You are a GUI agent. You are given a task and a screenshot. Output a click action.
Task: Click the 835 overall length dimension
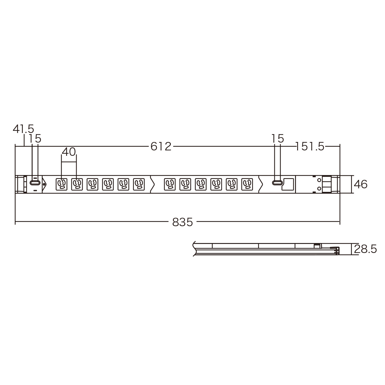(x=182, y=222)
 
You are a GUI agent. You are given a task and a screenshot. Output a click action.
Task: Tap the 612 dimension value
(x=161, y=146)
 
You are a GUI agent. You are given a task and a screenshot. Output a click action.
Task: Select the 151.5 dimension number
(x=310, y=146)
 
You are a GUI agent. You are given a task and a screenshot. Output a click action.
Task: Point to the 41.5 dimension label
(x=23, y=129)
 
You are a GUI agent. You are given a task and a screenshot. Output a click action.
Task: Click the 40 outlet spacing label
(x=69, y=152)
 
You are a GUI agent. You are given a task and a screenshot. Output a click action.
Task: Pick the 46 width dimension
(x=361, y=184)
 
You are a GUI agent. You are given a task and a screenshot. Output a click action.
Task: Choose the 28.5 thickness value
(x=365, y=249)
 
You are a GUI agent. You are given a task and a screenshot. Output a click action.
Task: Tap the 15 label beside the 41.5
(x=35, y=138)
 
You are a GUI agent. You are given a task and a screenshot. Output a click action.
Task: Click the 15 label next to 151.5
(x=278, y=138)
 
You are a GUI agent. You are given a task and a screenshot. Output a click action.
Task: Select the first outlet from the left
(x=62, y=184)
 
